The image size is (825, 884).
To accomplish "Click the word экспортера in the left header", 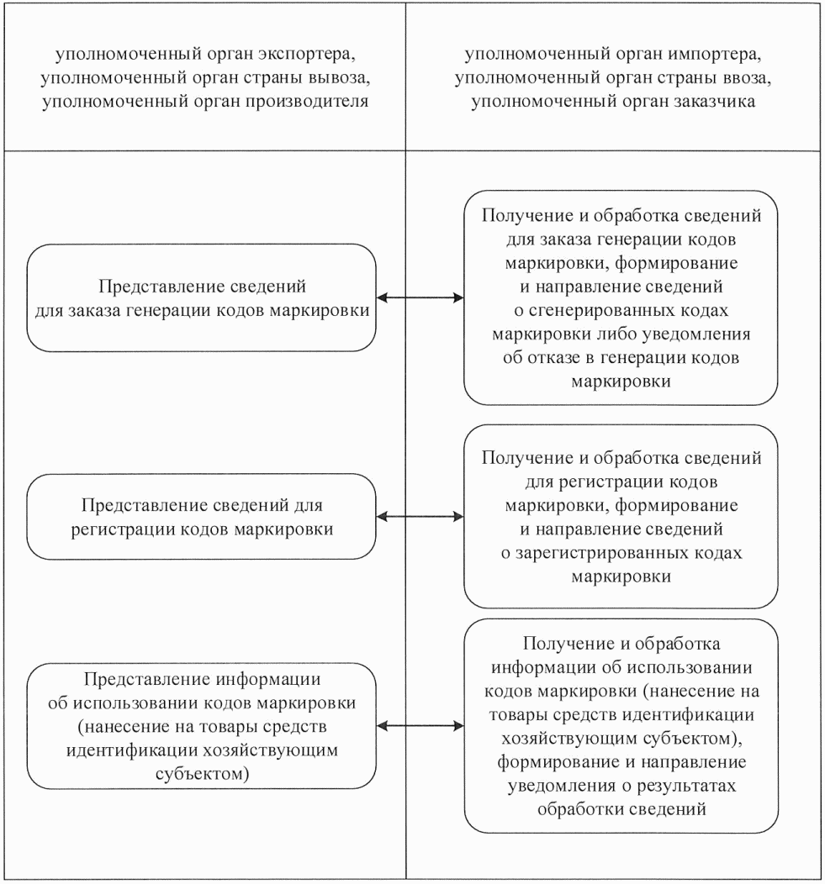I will pos(310,57).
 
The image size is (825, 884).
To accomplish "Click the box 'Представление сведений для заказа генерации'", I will pos(202,297).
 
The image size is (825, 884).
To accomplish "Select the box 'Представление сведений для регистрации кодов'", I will pos(202,518).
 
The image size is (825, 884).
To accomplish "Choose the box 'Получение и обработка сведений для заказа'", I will pos(622,298).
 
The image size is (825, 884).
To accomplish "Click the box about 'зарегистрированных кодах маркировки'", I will pos(622,518).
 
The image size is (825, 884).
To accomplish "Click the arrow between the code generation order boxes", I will pos(420,297).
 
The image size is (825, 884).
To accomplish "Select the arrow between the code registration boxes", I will pos(420,518).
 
